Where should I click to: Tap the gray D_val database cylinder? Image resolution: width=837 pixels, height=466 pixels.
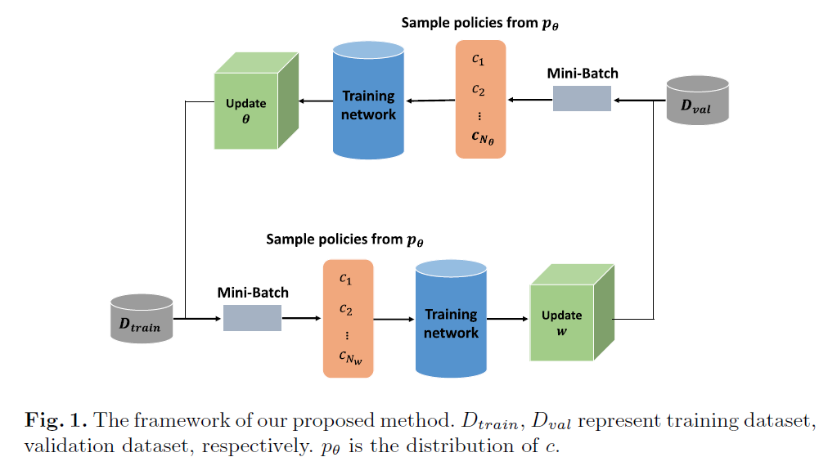(697, 101)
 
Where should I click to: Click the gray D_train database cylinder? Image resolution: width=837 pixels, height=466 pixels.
(141, 319)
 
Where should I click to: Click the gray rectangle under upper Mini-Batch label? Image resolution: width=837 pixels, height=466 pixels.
(582, 99)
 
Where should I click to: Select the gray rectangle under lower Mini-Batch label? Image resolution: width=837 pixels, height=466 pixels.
(252, 317)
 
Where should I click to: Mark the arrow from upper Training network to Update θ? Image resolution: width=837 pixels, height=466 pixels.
(316, 101)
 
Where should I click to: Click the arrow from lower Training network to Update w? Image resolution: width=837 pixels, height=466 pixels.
(507, 319)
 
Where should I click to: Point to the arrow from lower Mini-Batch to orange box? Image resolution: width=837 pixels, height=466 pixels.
(301, 318)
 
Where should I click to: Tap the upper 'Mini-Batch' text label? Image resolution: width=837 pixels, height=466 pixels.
(583, 74)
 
